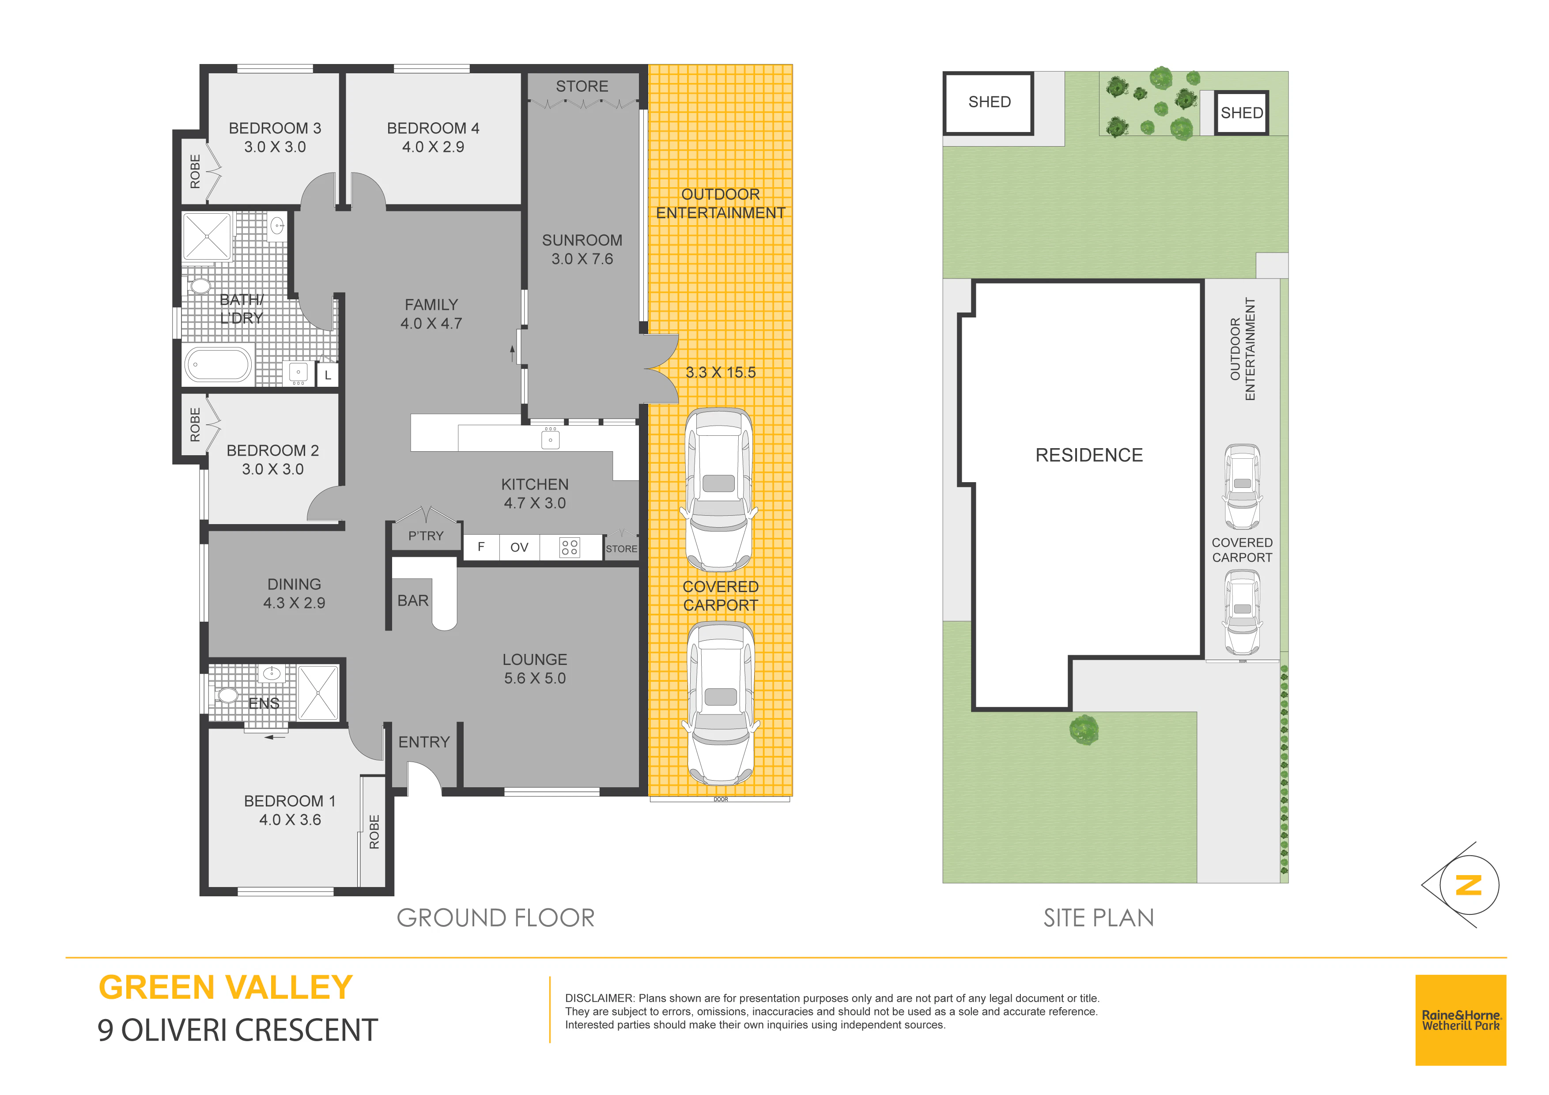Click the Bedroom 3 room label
[275, 128]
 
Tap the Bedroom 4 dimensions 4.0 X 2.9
[433, 147]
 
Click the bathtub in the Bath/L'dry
[218, 364]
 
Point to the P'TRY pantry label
[426, 536]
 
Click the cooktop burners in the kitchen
[570, 547]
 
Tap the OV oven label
[519, 547]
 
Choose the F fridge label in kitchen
[481, 547]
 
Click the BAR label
[413, 600]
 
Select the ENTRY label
[424, 742]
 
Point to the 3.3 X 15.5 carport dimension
[721, 372]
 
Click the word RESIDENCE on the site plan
[1089, 455]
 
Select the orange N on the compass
[1468, 885]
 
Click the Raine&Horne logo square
[1461, 1020]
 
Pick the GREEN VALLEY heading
[225, 988]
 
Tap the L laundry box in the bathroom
[328, 375]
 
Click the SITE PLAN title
[1098, 918]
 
